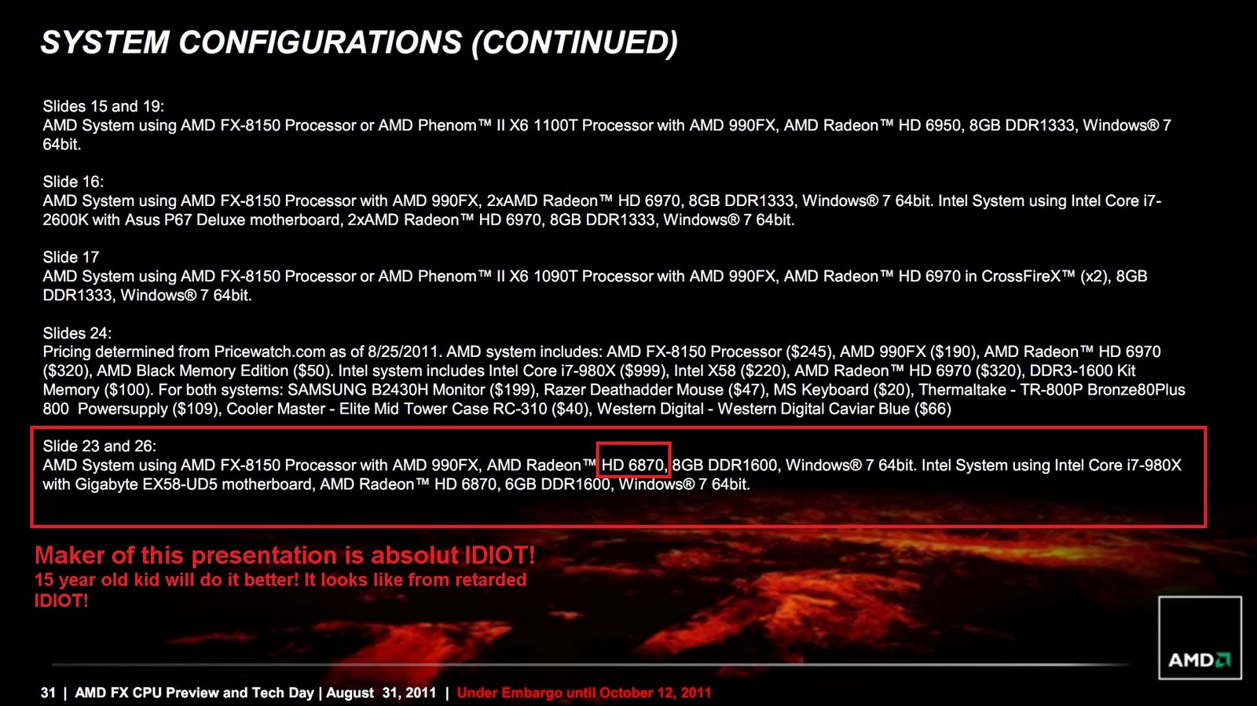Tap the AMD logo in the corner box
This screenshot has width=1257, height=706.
click(x=1200, y=660)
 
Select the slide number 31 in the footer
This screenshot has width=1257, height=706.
click(x=48, y=693)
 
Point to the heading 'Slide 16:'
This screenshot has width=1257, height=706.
click(x=73, y=182)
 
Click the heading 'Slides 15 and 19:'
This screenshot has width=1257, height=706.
click(x=103, y=107)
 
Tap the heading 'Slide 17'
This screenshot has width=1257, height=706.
click(x=71, y=257)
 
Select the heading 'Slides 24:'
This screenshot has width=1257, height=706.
click(x=77, y=333)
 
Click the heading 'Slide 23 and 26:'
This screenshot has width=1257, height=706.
click(x=99, y=446)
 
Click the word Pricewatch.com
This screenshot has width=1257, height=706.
click(x=269, y=352)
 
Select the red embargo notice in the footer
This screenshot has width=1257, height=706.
click(x=585, y=693)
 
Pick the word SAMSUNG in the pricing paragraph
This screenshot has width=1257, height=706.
click(x=327, y=390)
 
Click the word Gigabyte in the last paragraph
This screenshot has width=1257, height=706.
click(x=107, y=484)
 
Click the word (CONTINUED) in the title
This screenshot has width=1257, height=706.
click(x=574, y=42)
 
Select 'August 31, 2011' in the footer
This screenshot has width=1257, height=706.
click(x=381, y=693)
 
